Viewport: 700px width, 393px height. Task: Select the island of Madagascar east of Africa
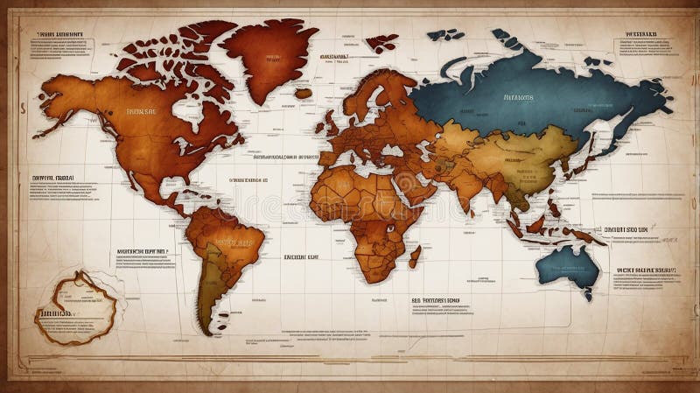415,256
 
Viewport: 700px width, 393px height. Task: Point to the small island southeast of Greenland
303,93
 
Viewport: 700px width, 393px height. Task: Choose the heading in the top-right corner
641,36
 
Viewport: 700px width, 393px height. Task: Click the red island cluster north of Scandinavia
381,41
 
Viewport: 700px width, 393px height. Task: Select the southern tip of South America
204,330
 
